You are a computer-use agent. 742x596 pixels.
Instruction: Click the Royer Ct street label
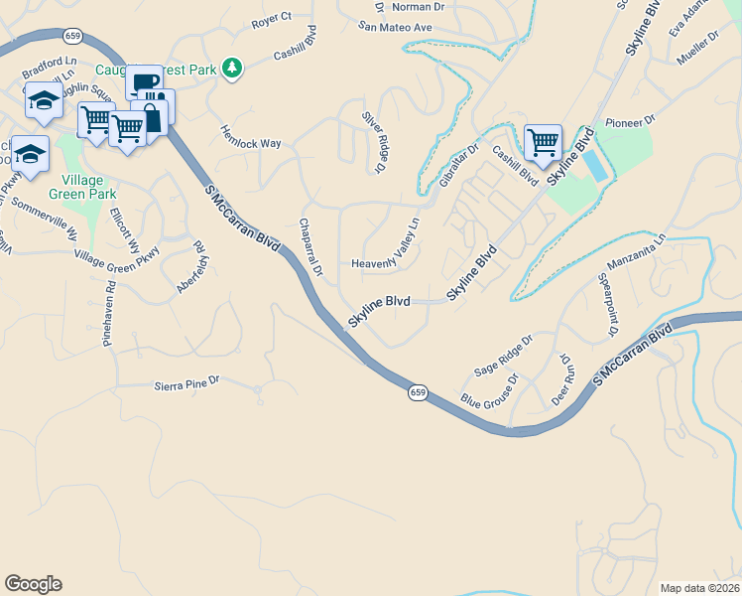(271, 18)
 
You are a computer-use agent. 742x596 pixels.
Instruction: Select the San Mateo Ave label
(396, 27)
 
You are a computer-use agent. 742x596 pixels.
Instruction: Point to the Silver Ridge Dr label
(374, 142)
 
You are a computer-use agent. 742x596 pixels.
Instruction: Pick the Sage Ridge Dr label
(503, 355)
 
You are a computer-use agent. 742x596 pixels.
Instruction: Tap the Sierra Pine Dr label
(186, 382)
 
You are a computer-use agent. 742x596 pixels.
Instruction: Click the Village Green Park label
(88, 187)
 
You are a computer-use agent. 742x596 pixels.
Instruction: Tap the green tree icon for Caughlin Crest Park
(232, 68)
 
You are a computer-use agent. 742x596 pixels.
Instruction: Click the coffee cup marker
(144, 81)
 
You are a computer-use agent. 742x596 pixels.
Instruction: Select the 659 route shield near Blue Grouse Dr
(418, 394)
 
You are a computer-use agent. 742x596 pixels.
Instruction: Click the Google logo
(33, 584)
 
